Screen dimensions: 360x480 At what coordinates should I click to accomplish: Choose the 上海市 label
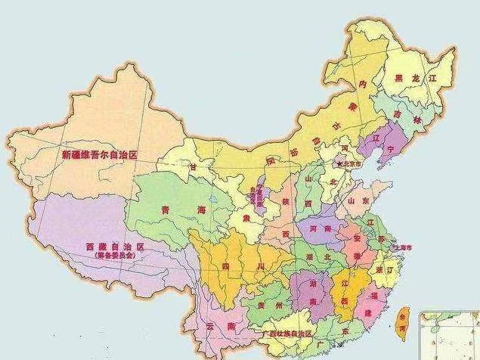click(x=404, y=248)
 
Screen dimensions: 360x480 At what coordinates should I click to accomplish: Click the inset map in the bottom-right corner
click(x=451, y=334)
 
